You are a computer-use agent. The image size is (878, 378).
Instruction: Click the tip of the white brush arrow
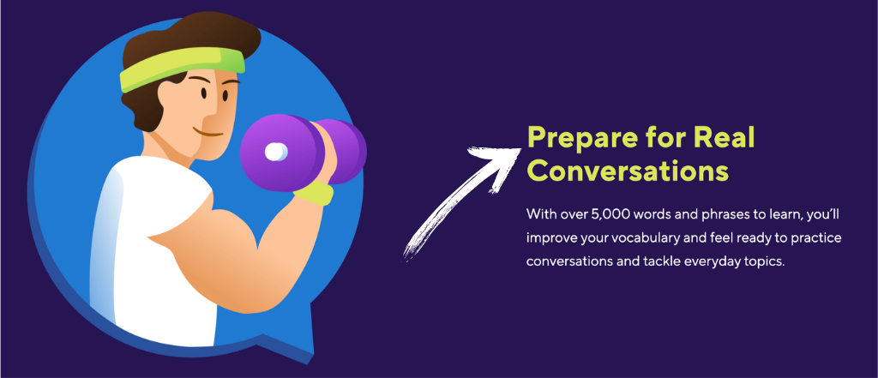point(521,147)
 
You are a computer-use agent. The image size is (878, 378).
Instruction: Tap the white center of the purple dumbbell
point(275,152)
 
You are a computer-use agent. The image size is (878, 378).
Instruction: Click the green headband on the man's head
point(182,69)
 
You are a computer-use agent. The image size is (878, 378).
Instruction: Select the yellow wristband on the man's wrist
point(314,192)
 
